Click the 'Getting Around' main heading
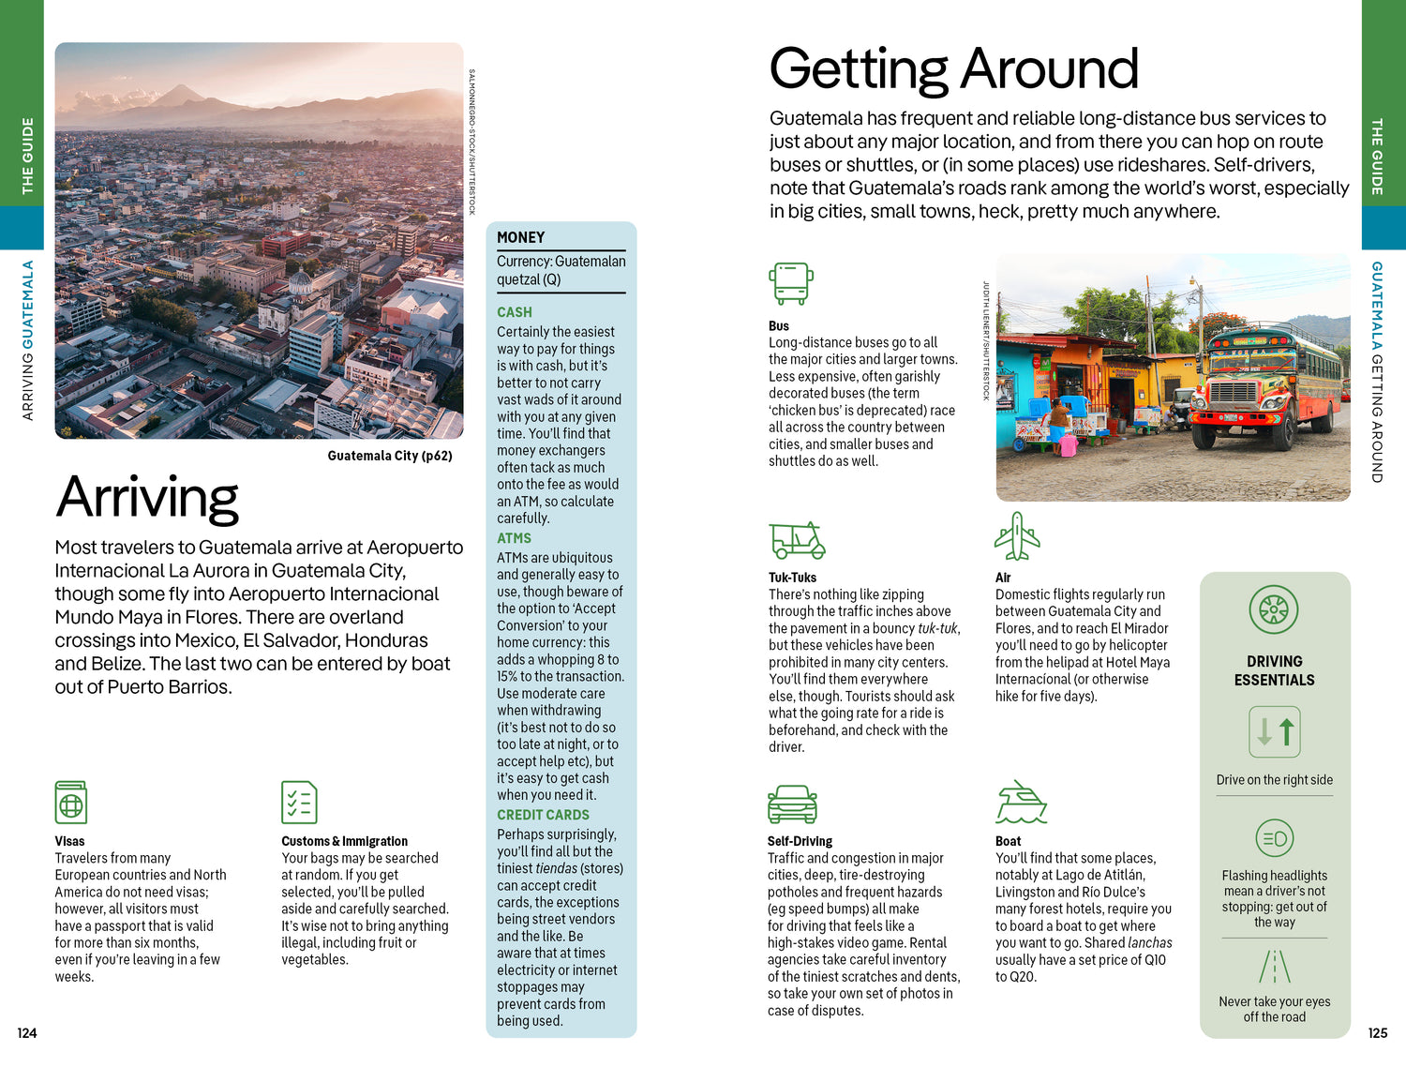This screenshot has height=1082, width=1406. (953, 68)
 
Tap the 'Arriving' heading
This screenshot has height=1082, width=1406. (147, 497)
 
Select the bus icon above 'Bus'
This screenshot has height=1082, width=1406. (790, 283)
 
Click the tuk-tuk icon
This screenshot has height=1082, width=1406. (797, 540)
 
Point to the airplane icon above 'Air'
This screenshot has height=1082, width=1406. (1017, 536)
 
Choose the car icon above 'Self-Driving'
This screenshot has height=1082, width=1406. (792, 804)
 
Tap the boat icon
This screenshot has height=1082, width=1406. (1021, 803)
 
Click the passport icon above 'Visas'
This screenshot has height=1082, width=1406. (71, 803)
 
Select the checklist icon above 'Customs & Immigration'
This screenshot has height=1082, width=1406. (299, 803)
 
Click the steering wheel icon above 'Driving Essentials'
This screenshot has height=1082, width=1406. (1274, 609)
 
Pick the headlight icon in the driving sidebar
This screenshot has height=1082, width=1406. (1274, 838)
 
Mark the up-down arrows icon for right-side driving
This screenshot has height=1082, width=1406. (1274, 731)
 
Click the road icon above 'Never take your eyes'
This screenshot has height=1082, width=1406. (1274, 967)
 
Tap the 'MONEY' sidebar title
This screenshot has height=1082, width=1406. (521, 238)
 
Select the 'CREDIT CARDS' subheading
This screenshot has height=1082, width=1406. (543, 815)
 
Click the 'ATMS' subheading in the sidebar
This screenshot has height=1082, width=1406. (514, 538)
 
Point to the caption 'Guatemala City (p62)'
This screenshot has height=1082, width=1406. (390, 456)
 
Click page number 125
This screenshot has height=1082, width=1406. (1377, 1033)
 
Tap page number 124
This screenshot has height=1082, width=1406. (27, 1033)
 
